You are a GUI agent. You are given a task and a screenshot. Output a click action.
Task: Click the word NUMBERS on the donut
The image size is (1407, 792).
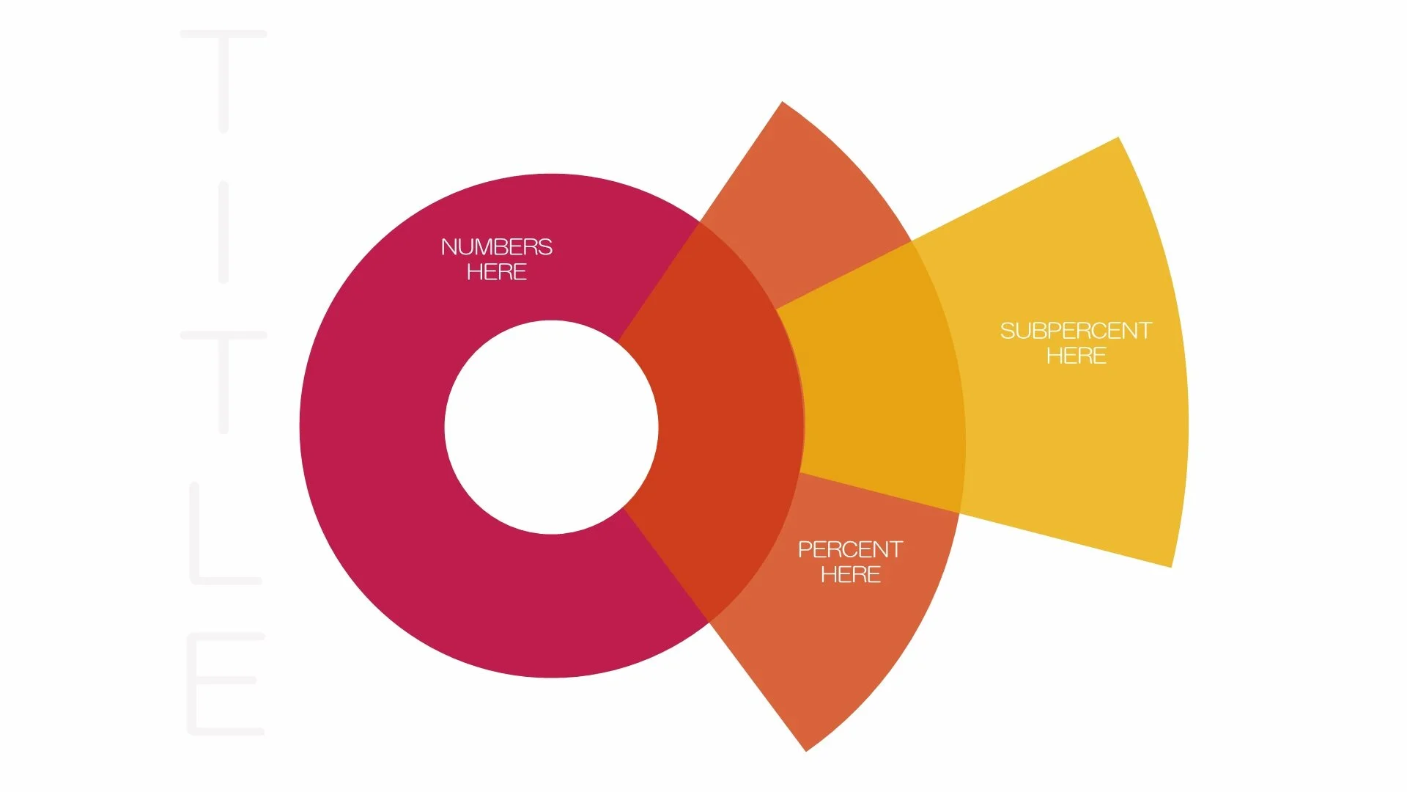coord(496,247)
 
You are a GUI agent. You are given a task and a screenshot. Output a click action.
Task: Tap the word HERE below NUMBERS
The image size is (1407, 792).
coord(496,272)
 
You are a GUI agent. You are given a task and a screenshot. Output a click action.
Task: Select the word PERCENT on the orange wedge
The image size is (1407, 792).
coord(850,549)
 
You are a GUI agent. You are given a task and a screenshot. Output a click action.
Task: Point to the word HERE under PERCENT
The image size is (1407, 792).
coord(850,574)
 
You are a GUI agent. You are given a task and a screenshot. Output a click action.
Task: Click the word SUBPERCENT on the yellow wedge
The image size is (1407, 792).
coord(1076,331)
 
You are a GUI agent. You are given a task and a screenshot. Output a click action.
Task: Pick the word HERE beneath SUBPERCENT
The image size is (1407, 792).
coord(1076,356)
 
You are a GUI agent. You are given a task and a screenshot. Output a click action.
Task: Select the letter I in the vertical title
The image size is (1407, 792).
coord(224,232)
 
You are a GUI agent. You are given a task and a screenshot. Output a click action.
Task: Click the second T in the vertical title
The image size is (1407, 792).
coord(224,381)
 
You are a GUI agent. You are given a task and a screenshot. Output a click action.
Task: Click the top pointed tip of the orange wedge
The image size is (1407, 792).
coord(783,104)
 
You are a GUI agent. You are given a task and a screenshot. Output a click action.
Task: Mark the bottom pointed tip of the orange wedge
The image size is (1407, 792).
coord(805,748)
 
